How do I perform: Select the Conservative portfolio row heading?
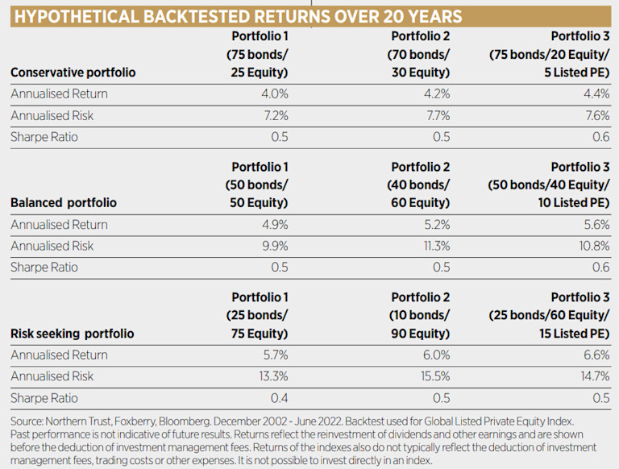pyautogui.click(x=73, y=72)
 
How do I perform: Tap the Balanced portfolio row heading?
pyautogui.click(x=64, y=203)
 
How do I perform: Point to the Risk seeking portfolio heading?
pyautogui.click(x=73, y=334)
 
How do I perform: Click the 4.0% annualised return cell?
pyautogui.click(x=272, y=93)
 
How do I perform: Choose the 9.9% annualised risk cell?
pyautogui.click(x=272, y=246)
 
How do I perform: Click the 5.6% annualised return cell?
pyautogui.click(x=595, y=224)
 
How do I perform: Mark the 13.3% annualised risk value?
pyautogui.click(x=271, y=376)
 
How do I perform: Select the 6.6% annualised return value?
pyautogui.click(x=595, y=355)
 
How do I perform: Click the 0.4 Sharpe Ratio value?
pyautogui.click(x=278, y=397)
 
